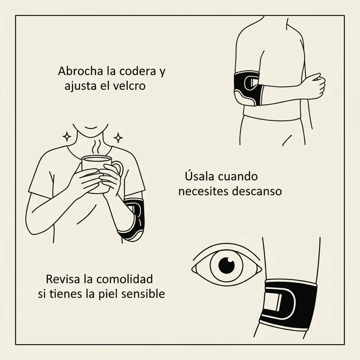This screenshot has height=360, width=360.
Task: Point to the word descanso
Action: point(256,191)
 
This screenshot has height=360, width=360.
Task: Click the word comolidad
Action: point(124,279)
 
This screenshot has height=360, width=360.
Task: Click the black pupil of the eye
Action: point(227,265)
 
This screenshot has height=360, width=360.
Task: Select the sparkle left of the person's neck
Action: point(67,137)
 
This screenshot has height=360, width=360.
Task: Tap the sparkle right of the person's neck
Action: point(118,138)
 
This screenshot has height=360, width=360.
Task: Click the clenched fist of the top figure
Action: point(315,86)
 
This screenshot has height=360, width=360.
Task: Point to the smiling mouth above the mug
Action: point(91,128)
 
